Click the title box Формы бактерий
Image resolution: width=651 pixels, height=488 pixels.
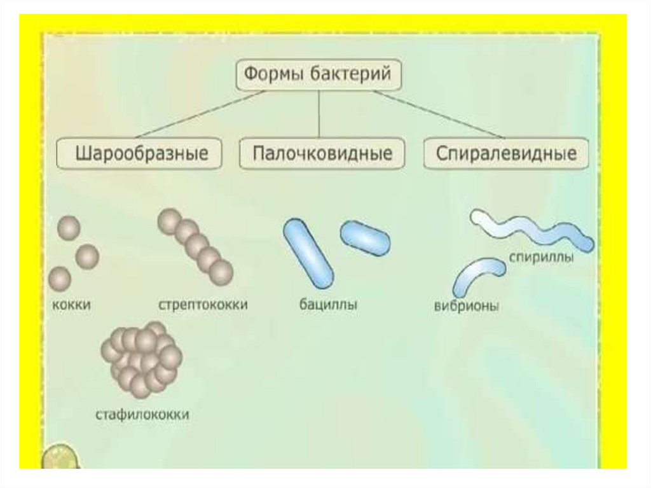(319, 76)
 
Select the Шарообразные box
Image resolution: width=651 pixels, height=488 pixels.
(140, 154)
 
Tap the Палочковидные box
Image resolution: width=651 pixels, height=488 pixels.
(322, 154)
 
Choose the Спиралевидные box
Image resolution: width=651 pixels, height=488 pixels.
(506, 154)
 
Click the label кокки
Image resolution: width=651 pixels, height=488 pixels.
(71, 305)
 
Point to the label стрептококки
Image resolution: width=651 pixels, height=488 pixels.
(202, 305)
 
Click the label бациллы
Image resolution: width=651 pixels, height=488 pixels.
(328, 305)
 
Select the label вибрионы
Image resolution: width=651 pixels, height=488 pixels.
(466, 306)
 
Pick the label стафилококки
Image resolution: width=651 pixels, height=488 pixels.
(142, 415)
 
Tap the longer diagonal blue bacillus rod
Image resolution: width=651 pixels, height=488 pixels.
(308, 253)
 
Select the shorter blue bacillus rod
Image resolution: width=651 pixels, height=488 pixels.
(366, 237)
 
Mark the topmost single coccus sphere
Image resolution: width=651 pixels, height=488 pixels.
(69, 227)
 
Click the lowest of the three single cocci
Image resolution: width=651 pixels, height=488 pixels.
(59, 278)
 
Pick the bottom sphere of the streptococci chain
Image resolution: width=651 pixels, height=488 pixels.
(221, 272)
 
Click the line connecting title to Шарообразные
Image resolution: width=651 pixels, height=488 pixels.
(200, 115)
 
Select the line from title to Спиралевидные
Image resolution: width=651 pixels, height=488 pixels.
(439, 115)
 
